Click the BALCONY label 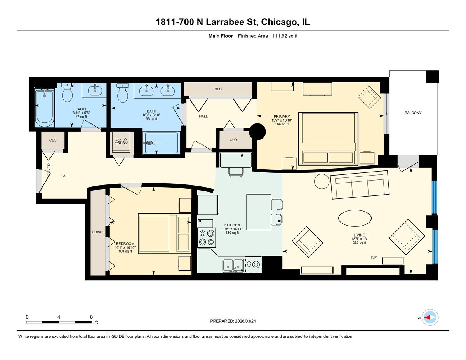[x=413, y=113]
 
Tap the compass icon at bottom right [x=430, y=317]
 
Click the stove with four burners [x=206, y=238]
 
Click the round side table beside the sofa [x=321, y=181]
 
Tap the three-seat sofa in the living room [x=359, y=185]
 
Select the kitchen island [x=258, y=212]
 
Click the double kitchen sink [x=233, y=265]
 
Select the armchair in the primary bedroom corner [x=369, y=97]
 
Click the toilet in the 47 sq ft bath [x=68, y=93]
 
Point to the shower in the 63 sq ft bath [x=161, y=143]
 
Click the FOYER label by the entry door [x=49, y=170]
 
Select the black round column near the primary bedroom [x=257, y=132]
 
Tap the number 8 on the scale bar [x=91, y=317]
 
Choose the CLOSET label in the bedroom [x=98, y=232]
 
